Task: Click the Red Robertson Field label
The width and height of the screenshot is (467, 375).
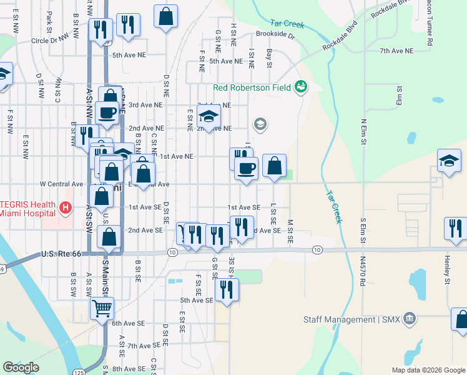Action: tap(252, 87)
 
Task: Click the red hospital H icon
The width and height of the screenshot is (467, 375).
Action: tap(64, 207)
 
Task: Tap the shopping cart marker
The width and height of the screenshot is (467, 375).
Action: tap(102, 307)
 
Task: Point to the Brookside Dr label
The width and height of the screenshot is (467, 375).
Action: tap(275, 35)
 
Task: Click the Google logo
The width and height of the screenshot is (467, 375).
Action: tap(21, 367)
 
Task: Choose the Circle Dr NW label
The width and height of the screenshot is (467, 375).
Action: tap(53, 41)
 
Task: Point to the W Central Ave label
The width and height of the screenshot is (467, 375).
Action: tap(61, 184)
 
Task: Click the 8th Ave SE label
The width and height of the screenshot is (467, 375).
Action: tap(129, 369)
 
